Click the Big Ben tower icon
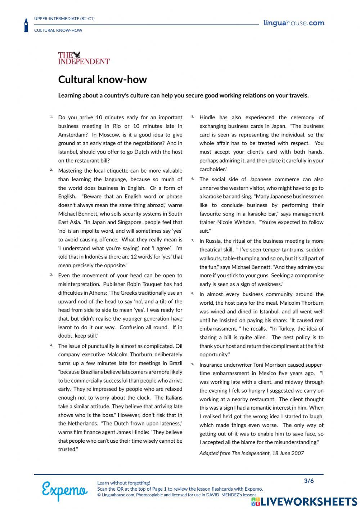click(x=26, y=25)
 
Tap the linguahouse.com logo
click(x=293, y=23)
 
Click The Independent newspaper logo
click(x=84, y=58)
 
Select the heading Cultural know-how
click(x=102, y=79)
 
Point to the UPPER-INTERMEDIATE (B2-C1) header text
click(x=64, y=18)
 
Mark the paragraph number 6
click(x=192, y=178)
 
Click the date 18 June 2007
click(x=288, y=453)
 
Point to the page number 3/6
click(x=309, y=481)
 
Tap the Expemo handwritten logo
click(x=64, y=490)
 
